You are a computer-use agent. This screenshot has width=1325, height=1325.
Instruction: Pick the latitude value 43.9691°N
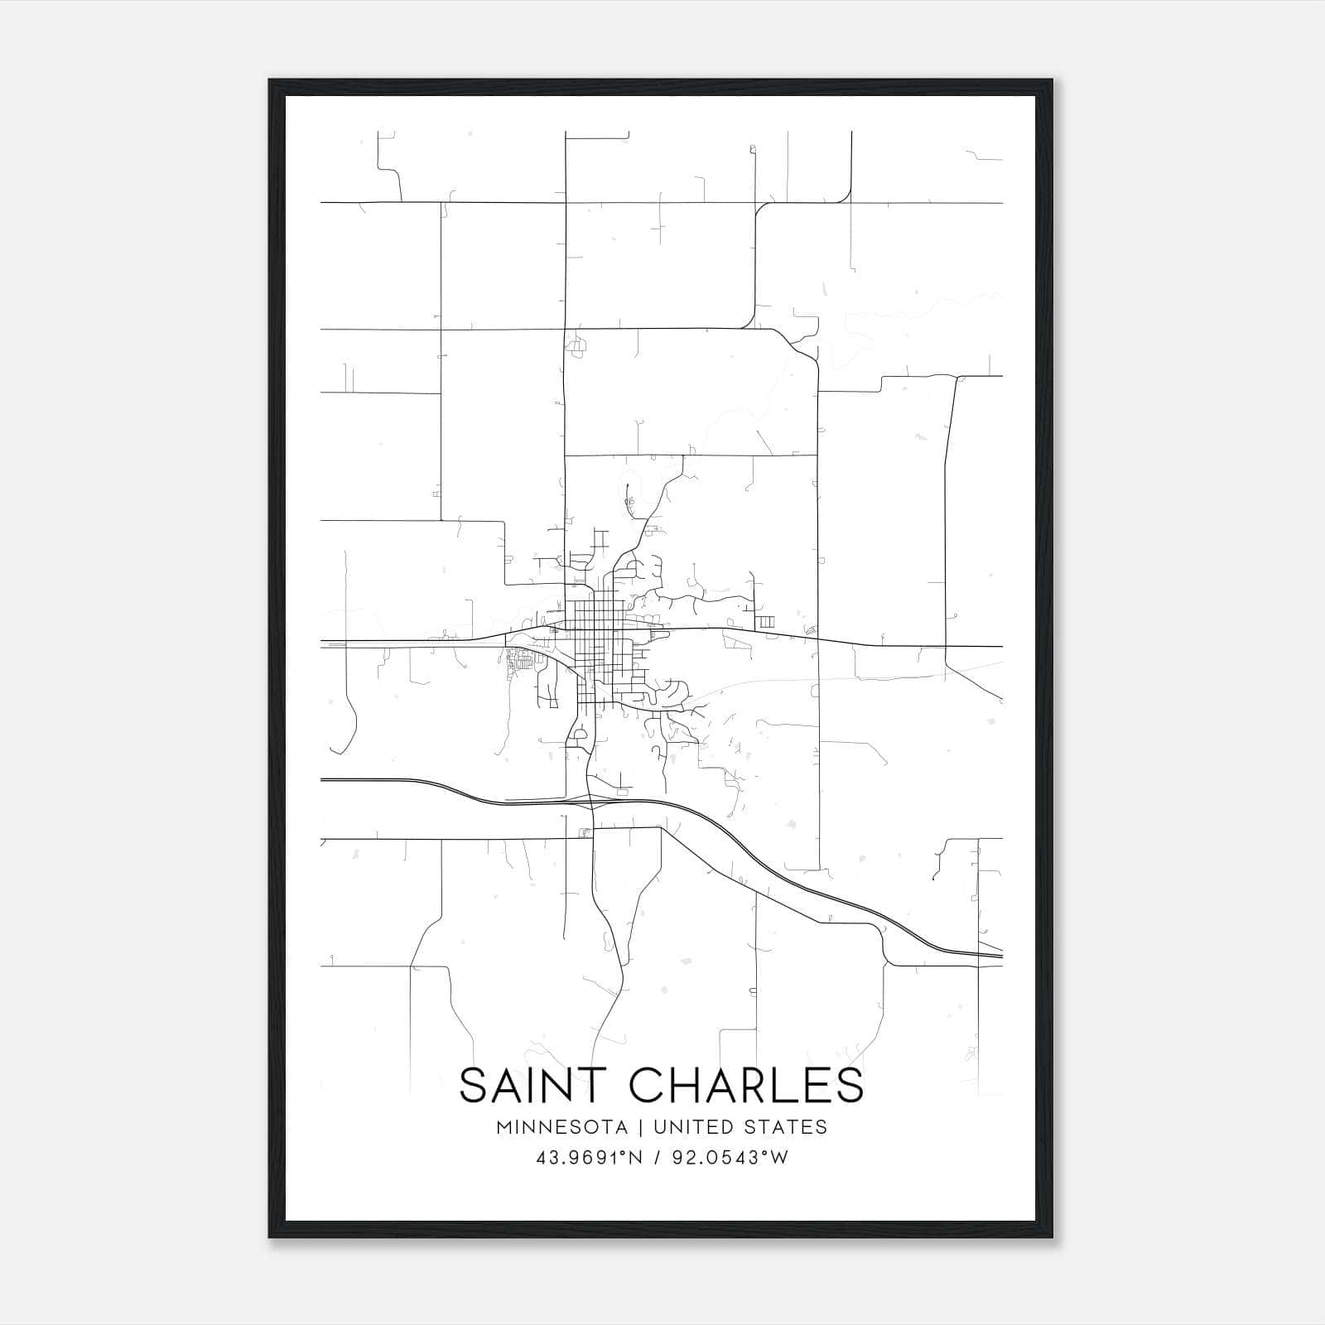point(589,1158)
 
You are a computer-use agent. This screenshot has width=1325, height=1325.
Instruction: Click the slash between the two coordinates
point(656,1158)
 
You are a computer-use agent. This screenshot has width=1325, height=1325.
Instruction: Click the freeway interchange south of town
point(590,802)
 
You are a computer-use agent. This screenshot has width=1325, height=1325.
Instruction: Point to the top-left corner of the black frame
point(270,81)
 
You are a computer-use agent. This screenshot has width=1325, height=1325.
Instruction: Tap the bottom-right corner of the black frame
point(1051,1236)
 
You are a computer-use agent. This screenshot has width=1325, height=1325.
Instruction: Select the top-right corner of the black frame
point(1051,81)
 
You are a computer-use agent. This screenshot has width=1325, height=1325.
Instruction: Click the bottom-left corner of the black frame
point(270,1236)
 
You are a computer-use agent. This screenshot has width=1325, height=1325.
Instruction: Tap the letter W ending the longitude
point(778,1158)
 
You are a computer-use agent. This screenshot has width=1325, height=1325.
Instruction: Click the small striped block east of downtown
point(767,621)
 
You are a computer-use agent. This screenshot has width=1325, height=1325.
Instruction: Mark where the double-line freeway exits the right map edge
point(1001,956)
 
